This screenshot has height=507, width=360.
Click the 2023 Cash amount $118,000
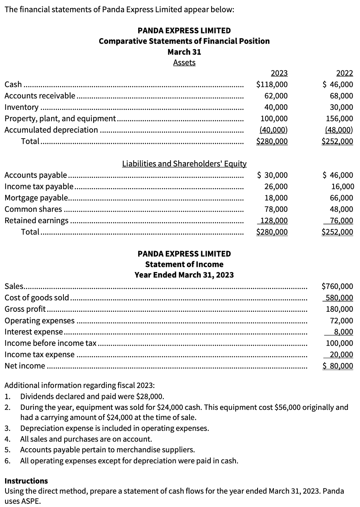272,84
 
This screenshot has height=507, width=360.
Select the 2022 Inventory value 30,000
341,107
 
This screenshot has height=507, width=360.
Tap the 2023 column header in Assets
279,73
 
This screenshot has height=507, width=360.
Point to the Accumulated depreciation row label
51,130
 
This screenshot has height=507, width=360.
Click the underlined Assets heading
184,63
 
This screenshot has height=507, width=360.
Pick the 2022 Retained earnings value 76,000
341,221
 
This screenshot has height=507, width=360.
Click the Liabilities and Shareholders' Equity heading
184,164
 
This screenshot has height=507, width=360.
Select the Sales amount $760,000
338,287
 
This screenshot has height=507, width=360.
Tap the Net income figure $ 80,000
338,366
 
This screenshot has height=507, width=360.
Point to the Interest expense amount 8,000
344,332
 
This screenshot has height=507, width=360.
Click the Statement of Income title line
184,265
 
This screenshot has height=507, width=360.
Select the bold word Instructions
26,481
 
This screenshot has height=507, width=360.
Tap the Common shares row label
33,209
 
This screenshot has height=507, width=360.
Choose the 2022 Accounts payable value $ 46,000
338,175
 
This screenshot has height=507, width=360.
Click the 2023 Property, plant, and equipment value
274,118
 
